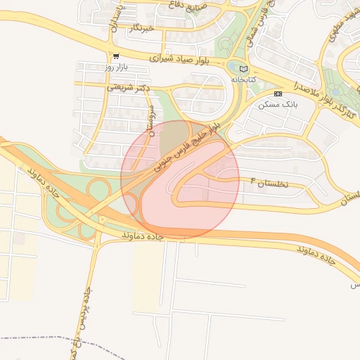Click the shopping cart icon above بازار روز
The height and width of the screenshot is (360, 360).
(116, 56)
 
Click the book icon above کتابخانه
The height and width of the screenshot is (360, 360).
(244, 70)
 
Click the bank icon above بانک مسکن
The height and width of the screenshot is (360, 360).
(278, 94)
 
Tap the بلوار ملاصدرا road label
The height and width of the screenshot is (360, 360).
(300, 89)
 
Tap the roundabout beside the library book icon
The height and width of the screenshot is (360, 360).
(233, 66)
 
